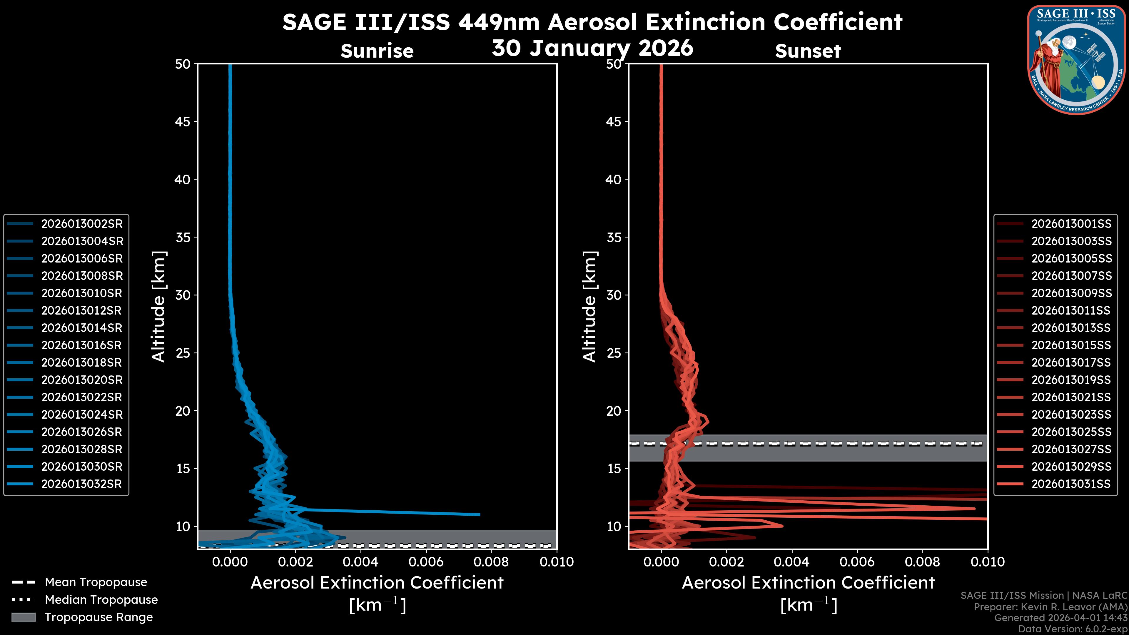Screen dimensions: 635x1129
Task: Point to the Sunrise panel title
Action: click(x=377, y=51)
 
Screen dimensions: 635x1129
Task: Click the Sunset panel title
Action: click(x=808, y=51)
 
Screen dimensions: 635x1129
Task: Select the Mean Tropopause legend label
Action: click(x=96, y=582)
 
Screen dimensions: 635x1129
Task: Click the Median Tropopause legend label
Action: click(x=101, y=600)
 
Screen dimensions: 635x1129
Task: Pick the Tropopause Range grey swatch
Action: click(x=23, y=617)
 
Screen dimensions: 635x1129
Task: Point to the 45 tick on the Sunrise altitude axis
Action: click(x=183, y=121)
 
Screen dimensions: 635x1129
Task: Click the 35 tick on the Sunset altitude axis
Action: click(x=614, y=238)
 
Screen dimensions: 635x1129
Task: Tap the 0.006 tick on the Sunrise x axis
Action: click(x=425, y=562)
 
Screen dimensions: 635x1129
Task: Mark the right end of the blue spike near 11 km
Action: click(x=480, y=514)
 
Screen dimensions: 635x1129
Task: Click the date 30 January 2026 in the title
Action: click(x=592, y=48)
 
